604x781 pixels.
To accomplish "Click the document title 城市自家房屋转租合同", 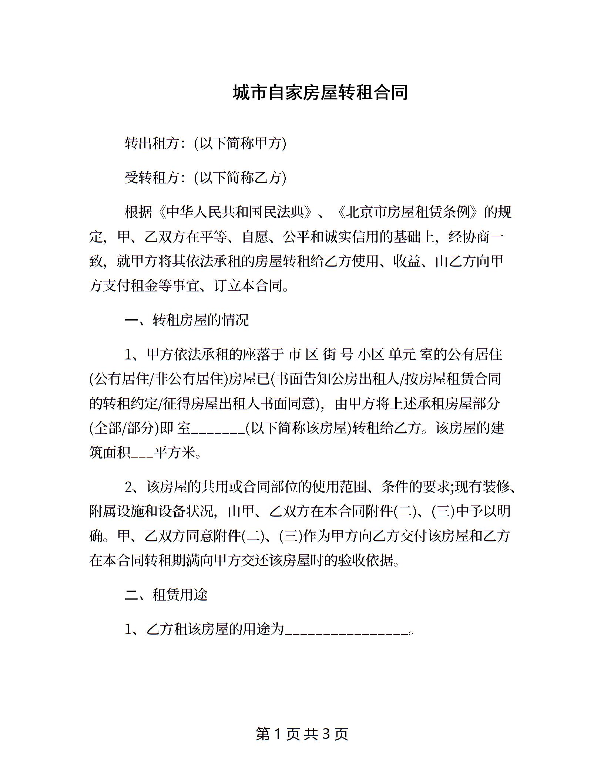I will [x=321, y=93].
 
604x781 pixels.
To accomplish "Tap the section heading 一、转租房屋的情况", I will [x=187, y=320].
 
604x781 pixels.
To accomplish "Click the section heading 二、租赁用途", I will [x=166, y=595].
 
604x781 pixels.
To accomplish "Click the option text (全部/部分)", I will [x=124, y=428].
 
